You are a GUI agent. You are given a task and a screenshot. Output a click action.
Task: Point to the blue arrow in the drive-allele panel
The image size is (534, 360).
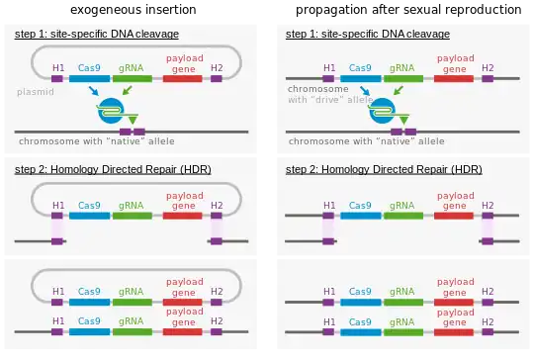point(365,92)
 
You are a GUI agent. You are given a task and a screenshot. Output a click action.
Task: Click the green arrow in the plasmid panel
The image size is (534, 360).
point(127,92)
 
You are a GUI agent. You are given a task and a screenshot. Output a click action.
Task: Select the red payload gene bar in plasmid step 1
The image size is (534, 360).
point(183,78)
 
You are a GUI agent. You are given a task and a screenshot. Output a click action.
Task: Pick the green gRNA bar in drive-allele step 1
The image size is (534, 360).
point(401,78)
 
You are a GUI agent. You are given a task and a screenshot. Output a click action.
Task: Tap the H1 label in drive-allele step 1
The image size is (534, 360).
point(328,67)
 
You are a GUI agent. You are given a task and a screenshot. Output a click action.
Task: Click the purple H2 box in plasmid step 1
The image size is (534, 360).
point(217,78)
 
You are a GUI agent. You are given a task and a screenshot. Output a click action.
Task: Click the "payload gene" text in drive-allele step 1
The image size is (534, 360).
point(453,62)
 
